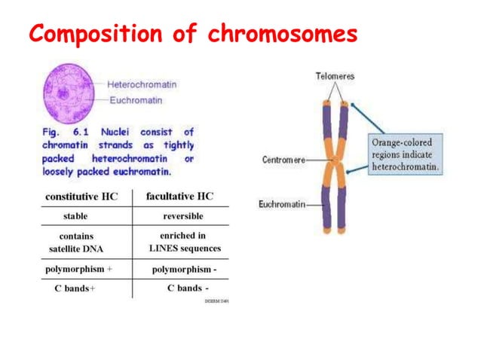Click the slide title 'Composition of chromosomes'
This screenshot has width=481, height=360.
pos(192,34)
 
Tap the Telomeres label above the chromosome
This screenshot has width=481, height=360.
pos(335,76)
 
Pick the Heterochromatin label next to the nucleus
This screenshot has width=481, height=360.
pos(142,84)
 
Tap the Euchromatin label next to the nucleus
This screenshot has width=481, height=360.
pos(136,99)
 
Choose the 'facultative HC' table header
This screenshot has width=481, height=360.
pos(179,197)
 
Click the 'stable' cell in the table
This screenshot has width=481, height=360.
pos(75,216)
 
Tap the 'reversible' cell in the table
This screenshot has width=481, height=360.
pos(182,216)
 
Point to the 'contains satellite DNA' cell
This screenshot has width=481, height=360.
pos(76,242)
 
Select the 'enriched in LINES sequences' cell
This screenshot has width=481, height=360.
pos(183,242)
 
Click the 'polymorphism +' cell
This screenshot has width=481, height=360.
pos(78,269)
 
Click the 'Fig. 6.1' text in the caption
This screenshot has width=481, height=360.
pos(63,132)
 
